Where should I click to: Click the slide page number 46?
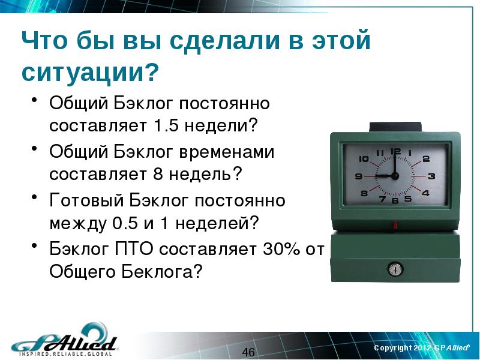[248, 352]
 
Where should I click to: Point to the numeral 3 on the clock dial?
[431, 176]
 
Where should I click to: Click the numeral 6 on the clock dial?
[395, 201]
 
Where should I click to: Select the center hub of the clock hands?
[395, 176]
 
